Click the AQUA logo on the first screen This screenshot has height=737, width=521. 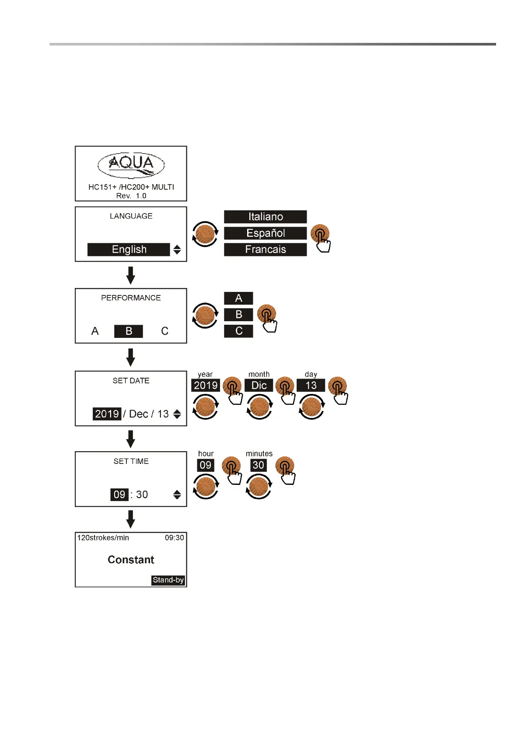[x=131, y=165]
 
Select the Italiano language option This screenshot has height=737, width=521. [x=265, y=217]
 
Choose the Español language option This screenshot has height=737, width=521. [x=265, y=233]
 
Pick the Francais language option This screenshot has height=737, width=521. [x=265, y=249]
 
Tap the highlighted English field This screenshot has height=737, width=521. [x=129, y=249]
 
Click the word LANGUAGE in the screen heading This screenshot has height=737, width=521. [x=131, y=216]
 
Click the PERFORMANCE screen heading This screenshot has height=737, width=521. [x=131, y=298]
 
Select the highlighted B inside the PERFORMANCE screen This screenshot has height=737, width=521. [x=129, y=331]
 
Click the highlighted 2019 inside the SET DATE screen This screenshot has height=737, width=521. [x=107, y=414]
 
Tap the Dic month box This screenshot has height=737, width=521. [x=259, y=386]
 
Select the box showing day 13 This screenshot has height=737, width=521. [x=311, y=386]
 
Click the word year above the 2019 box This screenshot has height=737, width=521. [x=205, y=375]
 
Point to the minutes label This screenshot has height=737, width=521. [x=259, y=454]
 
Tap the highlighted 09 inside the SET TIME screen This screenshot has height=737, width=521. [x=119, y=495]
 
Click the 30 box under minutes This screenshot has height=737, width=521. [x=259, y=465]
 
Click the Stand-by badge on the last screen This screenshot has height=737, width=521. [x=168, y=580]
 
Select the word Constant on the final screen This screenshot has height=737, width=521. [x=131, y=560]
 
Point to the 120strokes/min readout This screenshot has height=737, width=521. [x=103, y=538]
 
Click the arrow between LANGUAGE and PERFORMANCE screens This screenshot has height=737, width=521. [x=130, y=275]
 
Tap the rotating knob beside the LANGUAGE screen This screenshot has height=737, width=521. [x=205, y=234]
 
